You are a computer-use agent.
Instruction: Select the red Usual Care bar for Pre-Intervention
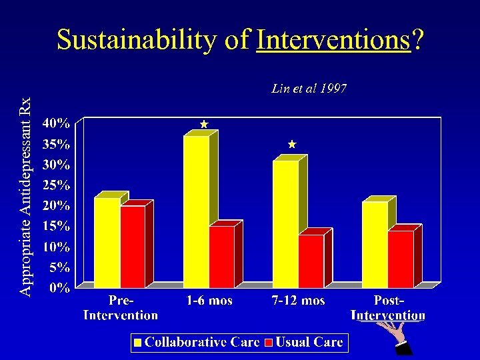click(132, 247)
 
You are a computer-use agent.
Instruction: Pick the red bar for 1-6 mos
click(221, 257)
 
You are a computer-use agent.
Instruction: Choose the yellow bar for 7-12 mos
click(285, 224)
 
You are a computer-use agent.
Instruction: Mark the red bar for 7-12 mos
click(311, 261)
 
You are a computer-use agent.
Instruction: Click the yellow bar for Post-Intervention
click(375, 244)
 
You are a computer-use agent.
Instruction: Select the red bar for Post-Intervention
click(400, 259)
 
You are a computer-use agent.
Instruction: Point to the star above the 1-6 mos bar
click(204, 124)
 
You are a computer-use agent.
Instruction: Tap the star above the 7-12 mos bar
click(292, 144)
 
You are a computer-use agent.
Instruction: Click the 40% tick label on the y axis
click(56, 123)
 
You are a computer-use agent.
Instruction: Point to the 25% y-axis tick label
click(56, 185)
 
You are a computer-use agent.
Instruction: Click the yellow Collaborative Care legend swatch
click(138, 343)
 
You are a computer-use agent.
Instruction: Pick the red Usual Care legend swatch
click(268, 343)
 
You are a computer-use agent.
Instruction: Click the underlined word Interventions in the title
click(333, 40)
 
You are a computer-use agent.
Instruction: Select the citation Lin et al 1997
click(309, 88)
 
